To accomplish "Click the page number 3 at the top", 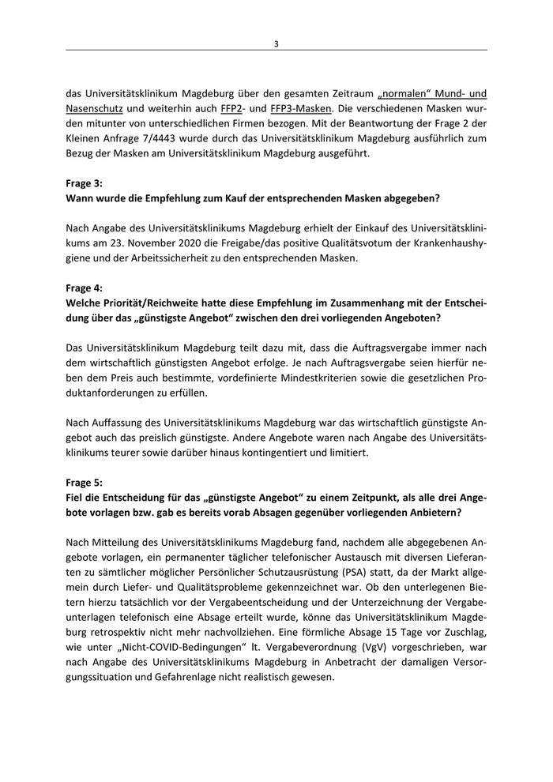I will pyautogui.click(x=276, y=43).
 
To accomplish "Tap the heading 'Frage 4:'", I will pyautogui.click(x=85, y=288).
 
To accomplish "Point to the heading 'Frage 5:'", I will pyautogui.click(x=85, y=479).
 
